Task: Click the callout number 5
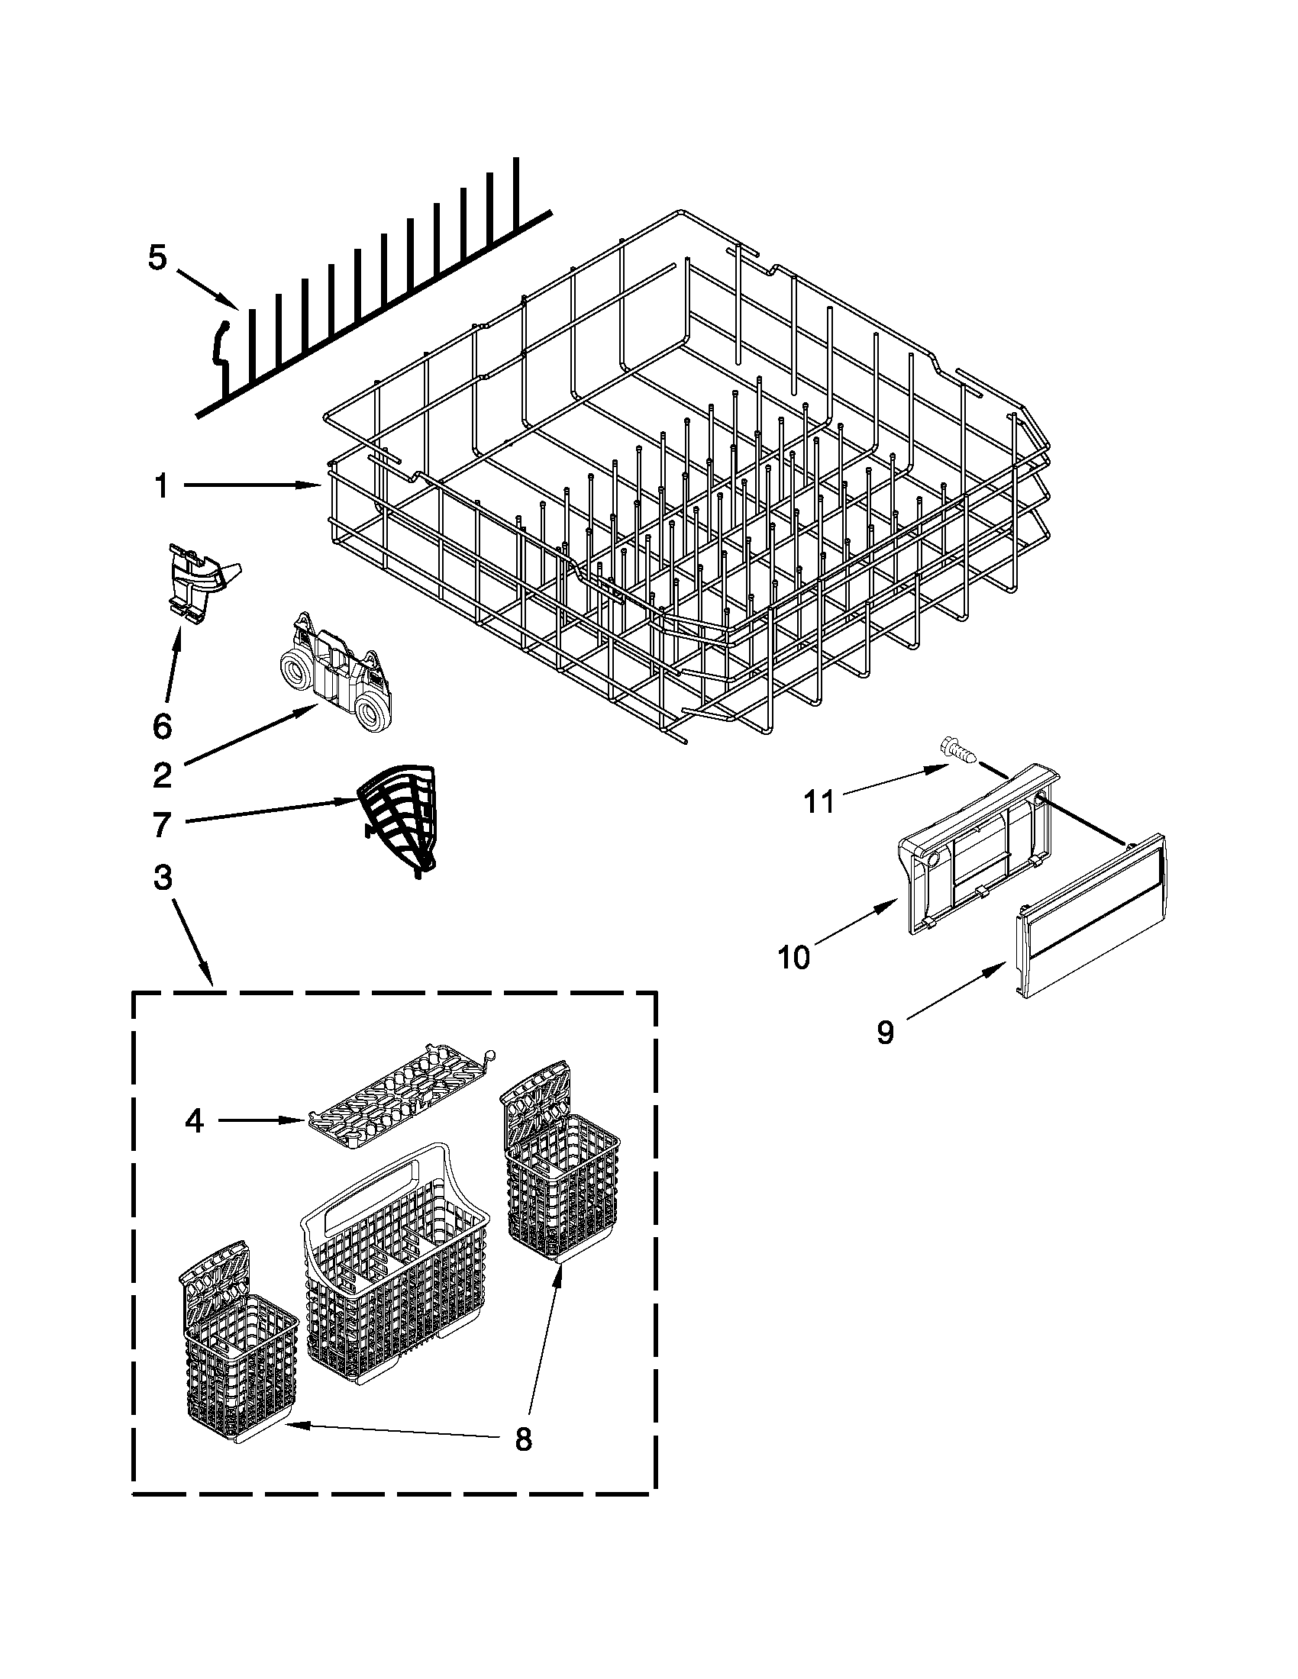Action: pos(157,259)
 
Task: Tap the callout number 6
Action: pos(161,726)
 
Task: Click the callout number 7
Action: pos(160,824)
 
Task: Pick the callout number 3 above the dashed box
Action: pos(162,878)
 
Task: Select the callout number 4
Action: pos(194,1122)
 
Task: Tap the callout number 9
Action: pos(886,1033)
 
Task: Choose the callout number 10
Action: pos(794,957)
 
